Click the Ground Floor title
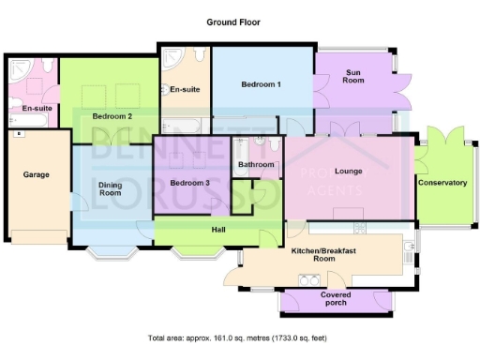point(233,21)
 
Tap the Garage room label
point(37,174)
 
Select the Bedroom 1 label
point(261,84)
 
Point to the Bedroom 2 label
point(112,115)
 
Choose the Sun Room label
point(353,76)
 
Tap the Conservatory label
point(442,182)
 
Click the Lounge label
point(348,172)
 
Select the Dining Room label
point(111,190)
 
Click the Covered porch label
point(335,298)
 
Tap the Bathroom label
point(256,165)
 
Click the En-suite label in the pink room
point(36,108)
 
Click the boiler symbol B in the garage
point(18,133)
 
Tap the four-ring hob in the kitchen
point(308,278)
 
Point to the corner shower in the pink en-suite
point(19,68)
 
